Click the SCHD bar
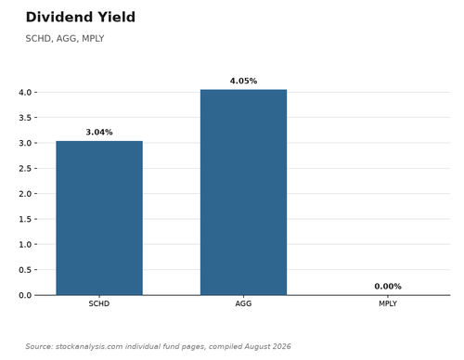(99, 218)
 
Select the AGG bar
(243, 192)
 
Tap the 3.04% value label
(99, 132)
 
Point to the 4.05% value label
(243, 81)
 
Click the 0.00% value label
(388, 287)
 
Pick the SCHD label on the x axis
(99, 303)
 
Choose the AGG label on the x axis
(243, 303)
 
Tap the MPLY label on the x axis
(388, 303)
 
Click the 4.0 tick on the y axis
(25, 92)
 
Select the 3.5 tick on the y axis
(25, 118)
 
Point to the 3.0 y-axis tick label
(25, 143)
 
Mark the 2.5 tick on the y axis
(25, 168)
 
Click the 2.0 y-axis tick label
(25, 194)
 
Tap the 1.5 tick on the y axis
(25, 219)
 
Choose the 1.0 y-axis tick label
(25, 244)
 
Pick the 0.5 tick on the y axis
(25, 270)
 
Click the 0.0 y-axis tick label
(25, 295)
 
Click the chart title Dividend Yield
(81, 17)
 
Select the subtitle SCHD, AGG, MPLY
(65, 39)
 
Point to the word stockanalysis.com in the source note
(89, 346)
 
